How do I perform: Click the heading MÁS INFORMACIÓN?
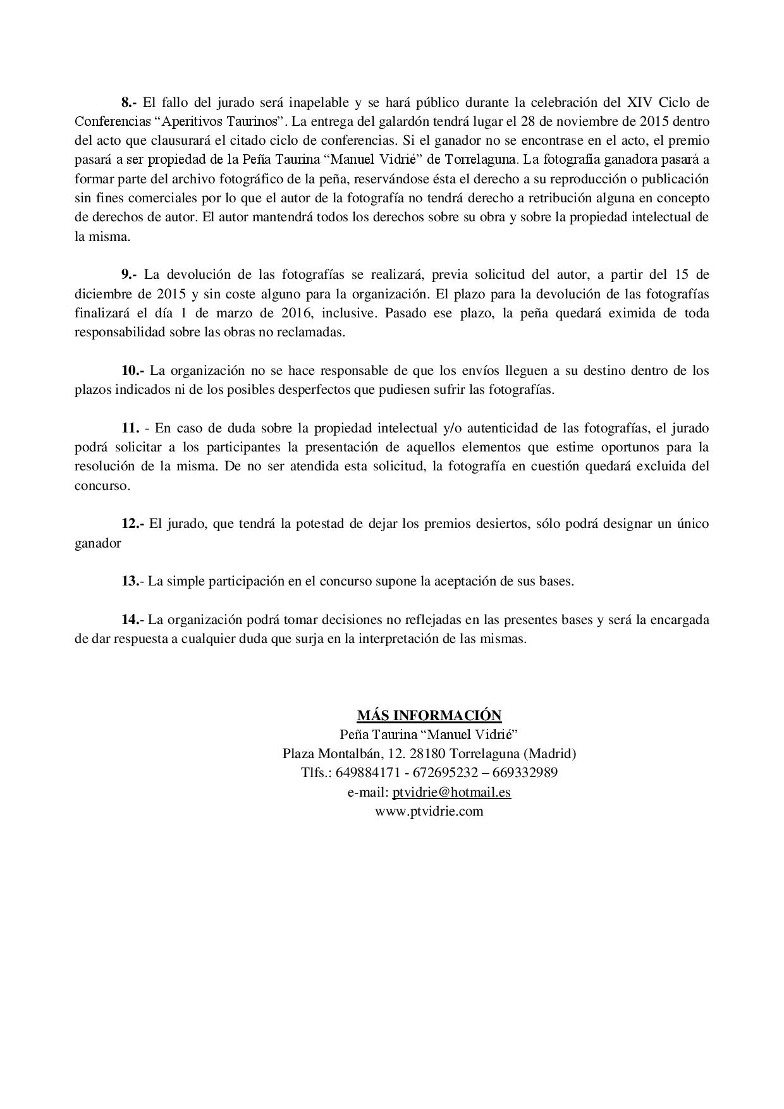(429, 715)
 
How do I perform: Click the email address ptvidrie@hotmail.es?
(451, 792)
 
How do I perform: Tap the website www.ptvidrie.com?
(429, 811)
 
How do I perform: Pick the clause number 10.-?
(133, 371)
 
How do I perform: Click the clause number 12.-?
(133, 524)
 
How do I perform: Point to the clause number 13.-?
(133, 582)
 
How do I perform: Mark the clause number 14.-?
(133, 620)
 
